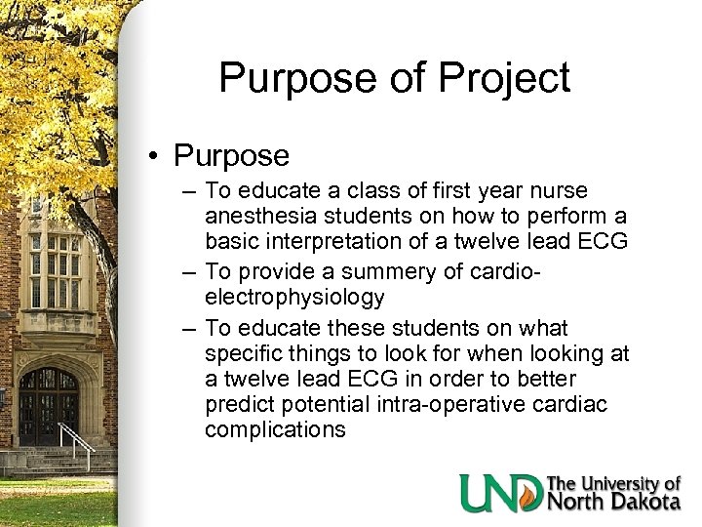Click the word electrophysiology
[294, 296]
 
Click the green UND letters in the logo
[501, 493]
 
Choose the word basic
[235, 240]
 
